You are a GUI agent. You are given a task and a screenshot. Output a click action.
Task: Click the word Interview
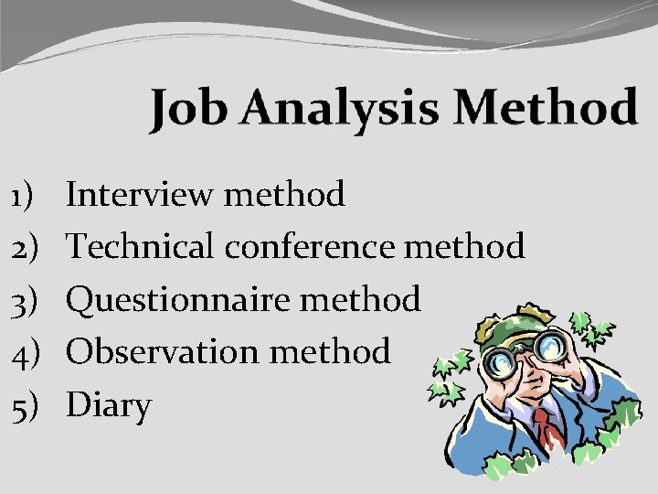tap(141, 194)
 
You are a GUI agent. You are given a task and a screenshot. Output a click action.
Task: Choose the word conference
tap(310, 246)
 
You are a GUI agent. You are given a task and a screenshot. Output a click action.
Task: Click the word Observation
tap(163, 351)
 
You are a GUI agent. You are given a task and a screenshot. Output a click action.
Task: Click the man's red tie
tap(547, 430)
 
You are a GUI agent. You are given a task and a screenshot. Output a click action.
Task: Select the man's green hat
tap(516, 320)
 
